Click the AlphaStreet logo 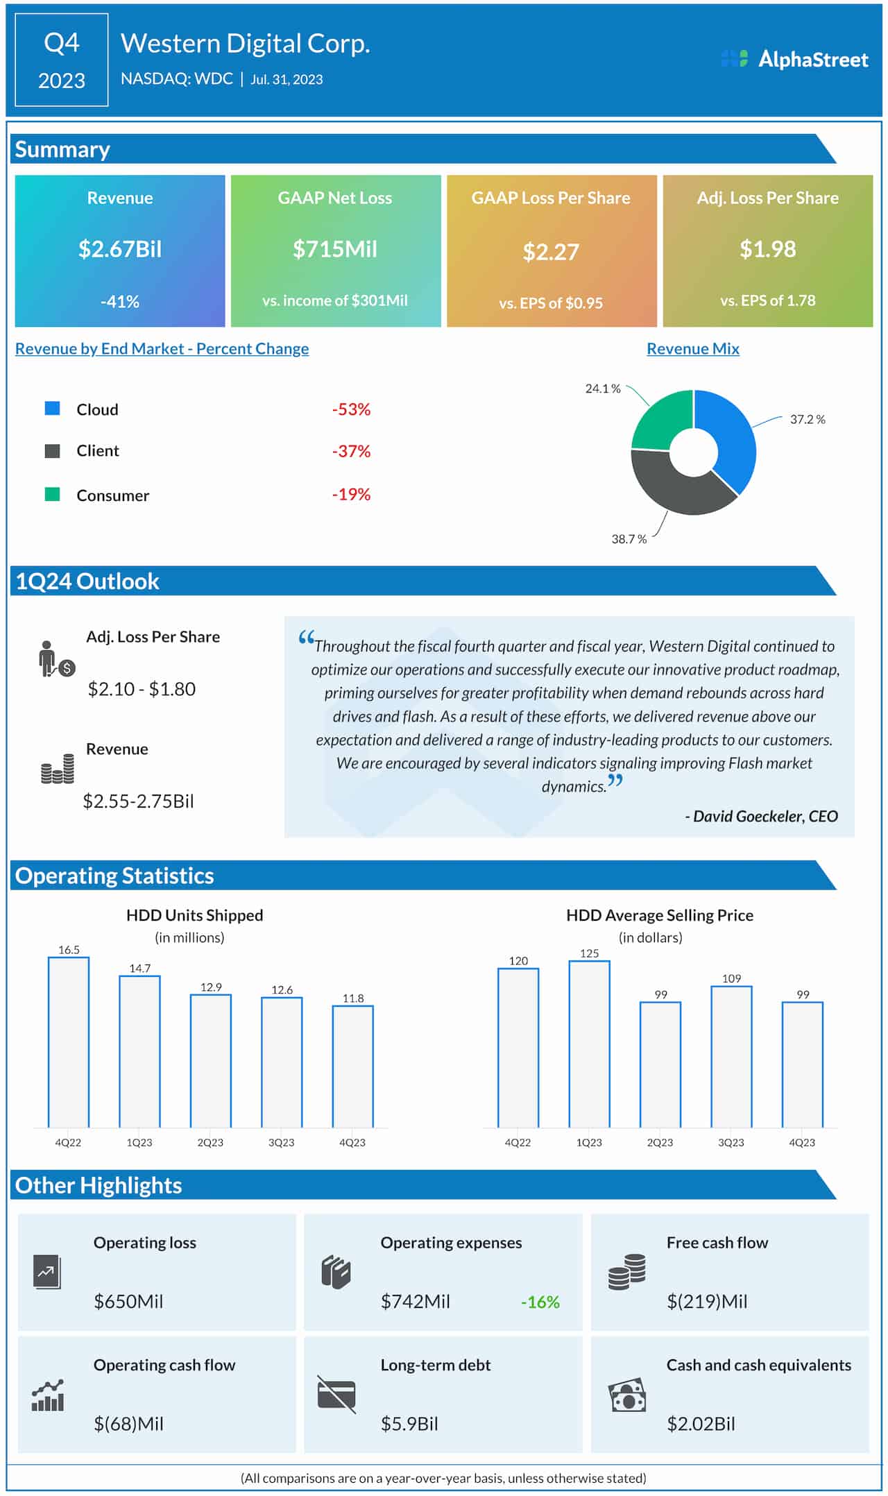(795, 59)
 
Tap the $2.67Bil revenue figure (120, 249)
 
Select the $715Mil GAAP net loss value (335, 249)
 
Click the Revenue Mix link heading (692, 348)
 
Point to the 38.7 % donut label (629, 539)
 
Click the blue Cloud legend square (52, 408)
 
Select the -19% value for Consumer (351, 495)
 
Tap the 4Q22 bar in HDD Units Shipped (69, 1041)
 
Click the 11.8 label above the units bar (353, 998)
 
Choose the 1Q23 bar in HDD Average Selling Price (589, 1044)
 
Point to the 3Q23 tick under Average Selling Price (731, 1142)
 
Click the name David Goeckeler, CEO (762, 816)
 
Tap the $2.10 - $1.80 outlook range (142, 689)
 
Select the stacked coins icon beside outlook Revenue (58, 769)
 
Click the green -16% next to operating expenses (540, 1302)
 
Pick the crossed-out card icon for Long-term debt (336, 1394)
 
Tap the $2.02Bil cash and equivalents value (701, 1424)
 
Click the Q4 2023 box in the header (62, 60)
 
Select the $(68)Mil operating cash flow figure (129, 1424)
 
